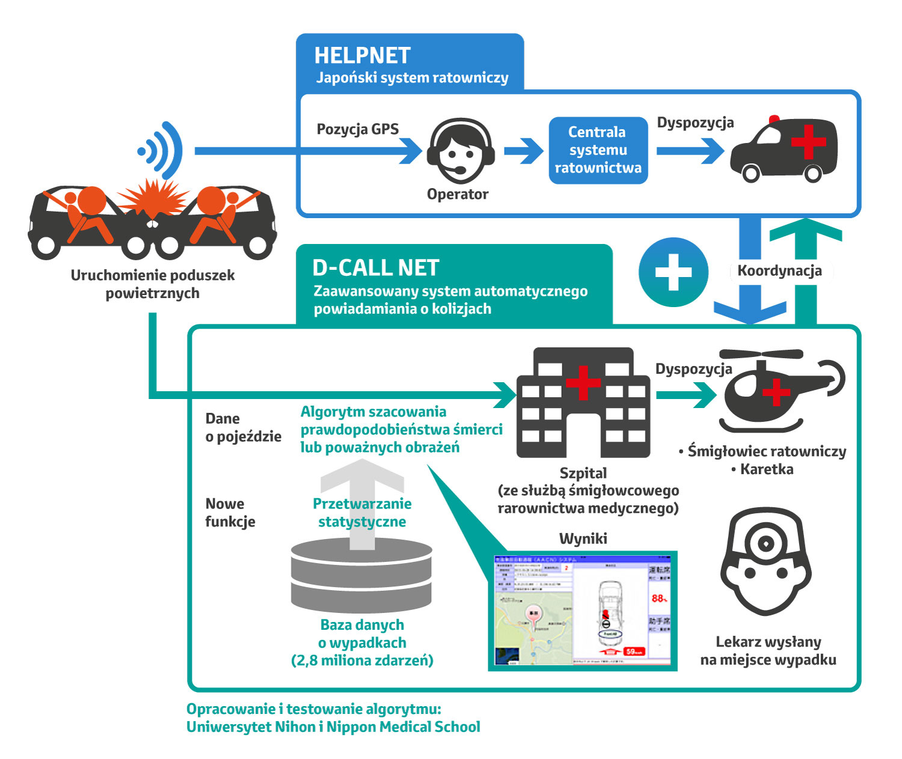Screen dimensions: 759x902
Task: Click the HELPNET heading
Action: coord(362,55)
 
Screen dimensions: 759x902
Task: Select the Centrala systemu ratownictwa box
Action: coord(598,150)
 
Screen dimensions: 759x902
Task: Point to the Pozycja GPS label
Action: coord(357,129)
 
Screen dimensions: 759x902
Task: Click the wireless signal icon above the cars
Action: coord(161,150)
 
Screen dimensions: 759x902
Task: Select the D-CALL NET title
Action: coord(376,268)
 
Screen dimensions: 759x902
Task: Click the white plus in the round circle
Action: coord(673,272)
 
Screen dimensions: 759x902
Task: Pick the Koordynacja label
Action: coord(779,271)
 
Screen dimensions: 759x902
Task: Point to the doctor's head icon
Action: coord(765,562)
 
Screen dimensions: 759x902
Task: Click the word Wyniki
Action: coord(583,538)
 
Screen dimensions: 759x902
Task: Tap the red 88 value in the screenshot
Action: coord(658,599)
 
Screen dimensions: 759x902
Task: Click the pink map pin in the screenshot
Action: coord(533,614)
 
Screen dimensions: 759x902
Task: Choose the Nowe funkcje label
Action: coord(230,513)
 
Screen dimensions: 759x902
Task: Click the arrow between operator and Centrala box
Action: coord(523,151)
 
